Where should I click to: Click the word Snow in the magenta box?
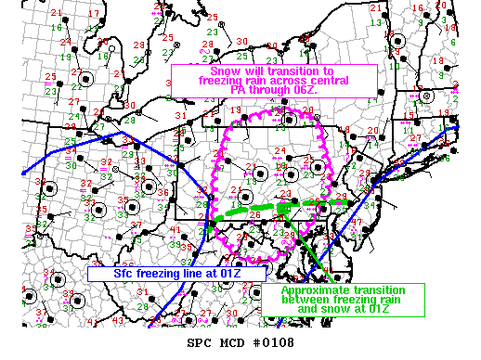point(226,71)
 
